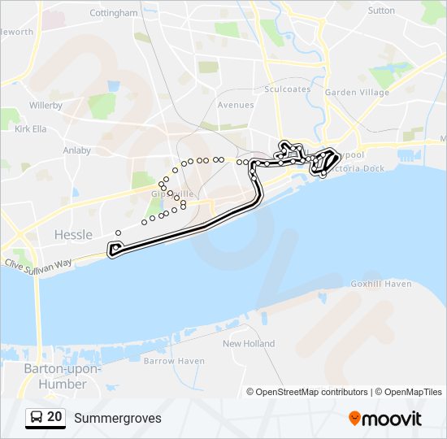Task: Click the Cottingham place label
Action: pos(114,13)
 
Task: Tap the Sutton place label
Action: pos(381,11)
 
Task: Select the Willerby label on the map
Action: pos(46,106)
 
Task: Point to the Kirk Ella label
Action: pos(31,128)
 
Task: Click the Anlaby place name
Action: pos(77,150)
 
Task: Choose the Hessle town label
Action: pos(73,234)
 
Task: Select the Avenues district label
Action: pos(236,105)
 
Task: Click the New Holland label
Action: pos(249,344)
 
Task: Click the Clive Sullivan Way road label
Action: pos(38,263)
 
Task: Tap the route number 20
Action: pos(54,418)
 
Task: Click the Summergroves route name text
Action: pos(118,419)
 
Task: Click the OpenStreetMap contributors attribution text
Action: pos(311,392)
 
